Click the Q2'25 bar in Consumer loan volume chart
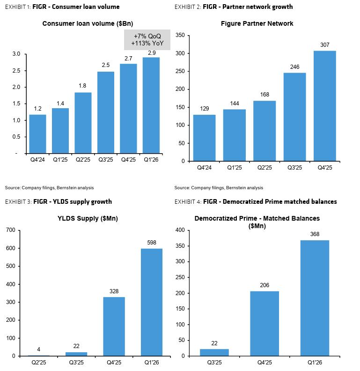click(x=83, y=123)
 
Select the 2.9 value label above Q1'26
click(x=152, y=53)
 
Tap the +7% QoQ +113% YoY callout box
click(x=147, y=40)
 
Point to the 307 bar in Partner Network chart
click(x=325, y=106)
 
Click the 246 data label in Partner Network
click(x=295, y=67)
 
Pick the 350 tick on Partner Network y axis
click(x=180, y=35)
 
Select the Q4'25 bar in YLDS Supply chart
click(x=114, y=326)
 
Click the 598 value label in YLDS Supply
click(x=152, y=243)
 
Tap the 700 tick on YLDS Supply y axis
click(x=11, y=230)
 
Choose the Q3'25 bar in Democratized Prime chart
click(x=214, y=352)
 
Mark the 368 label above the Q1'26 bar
click(x=315, y=234)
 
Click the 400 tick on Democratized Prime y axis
click(x=180, y=230)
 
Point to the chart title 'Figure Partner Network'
click(x=257, y=23)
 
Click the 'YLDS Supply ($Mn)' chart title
click(x=88, y=218)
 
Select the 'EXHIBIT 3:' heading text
click(x=18, y=201)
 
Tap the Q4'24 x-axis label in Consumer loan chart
click(x=37, y=160)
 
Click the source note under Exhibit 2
click(x=219, y=188)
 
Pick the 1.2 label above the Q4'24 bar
click(x=37, y=109)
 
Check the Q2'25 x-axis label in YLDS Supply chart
click(x=39, y=363)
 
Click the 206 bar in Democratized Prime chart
click(x=264, y=323)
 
